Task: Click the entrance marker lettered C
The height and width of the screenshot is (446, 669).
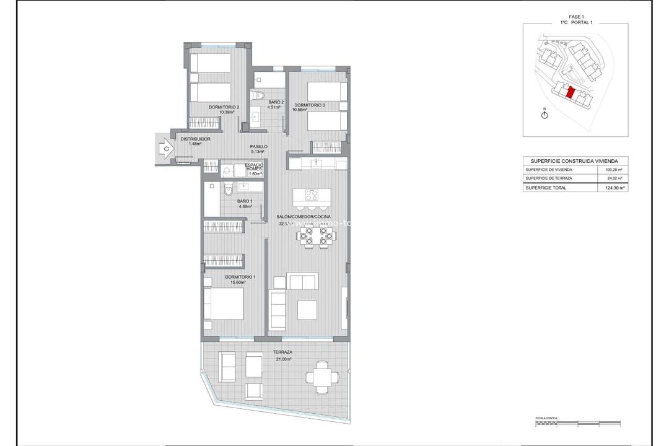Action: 166,148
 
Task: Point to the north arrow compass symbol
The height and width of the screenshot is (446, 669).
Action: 544,116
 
